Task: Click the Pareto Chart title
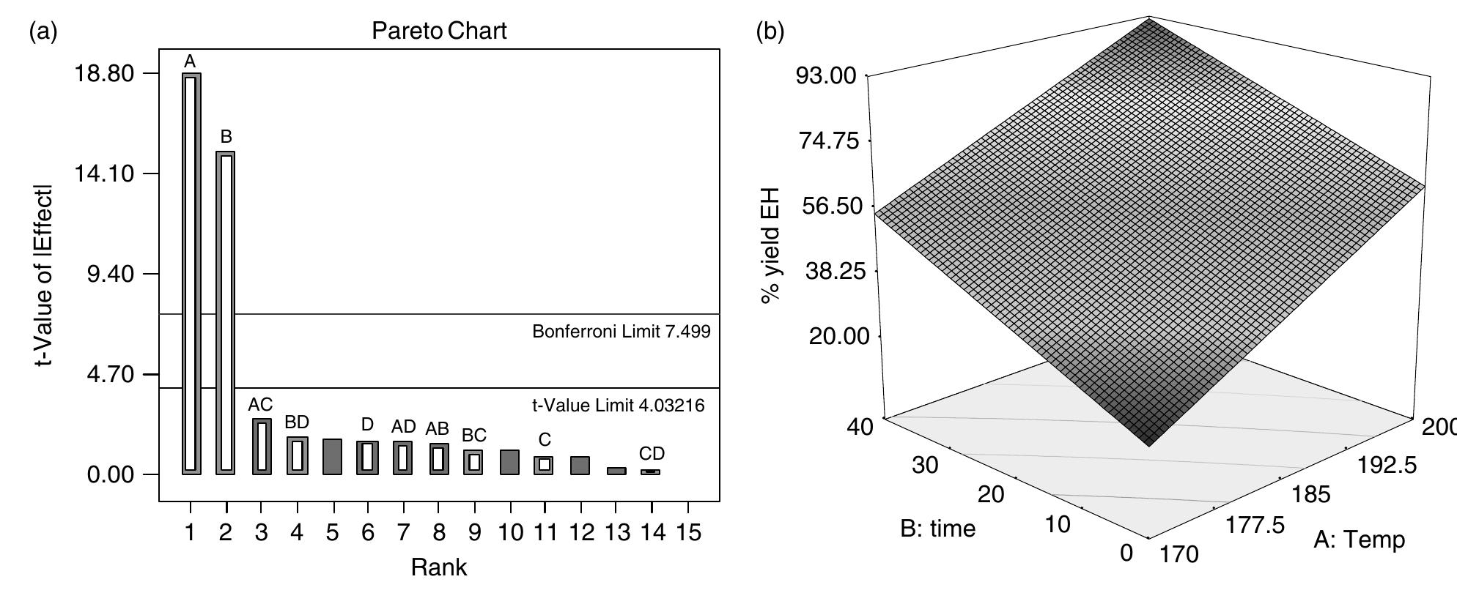(x=439, y=31)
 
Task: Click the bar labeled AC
(x=262, y=447)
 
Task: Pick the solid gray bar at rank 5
(x=333, y=457)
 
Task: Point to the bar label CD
(x=652, y=453)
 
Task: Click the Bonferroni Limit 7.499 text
(x=621, y=332)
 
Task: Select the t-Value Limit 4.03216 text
(x=618, y=405)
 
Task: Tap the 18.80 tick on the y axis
(x=110, y=74)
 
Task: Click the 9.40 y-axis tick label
(x=110, y=275)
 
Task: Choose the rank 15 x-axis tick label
(x=687, y=533)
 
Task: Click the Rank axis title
(x=438, y=567)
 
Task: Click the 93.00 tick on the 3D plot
(x=825, y=76)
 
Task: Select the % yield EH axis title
(x=770, y=246)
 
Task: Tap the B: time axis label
(x=937, y=529)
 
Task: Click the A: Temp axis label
(x=1359, y=540)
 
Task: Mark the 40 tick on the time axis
(x=861, y=427)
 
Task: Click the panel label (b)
(x=769, y=31)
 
